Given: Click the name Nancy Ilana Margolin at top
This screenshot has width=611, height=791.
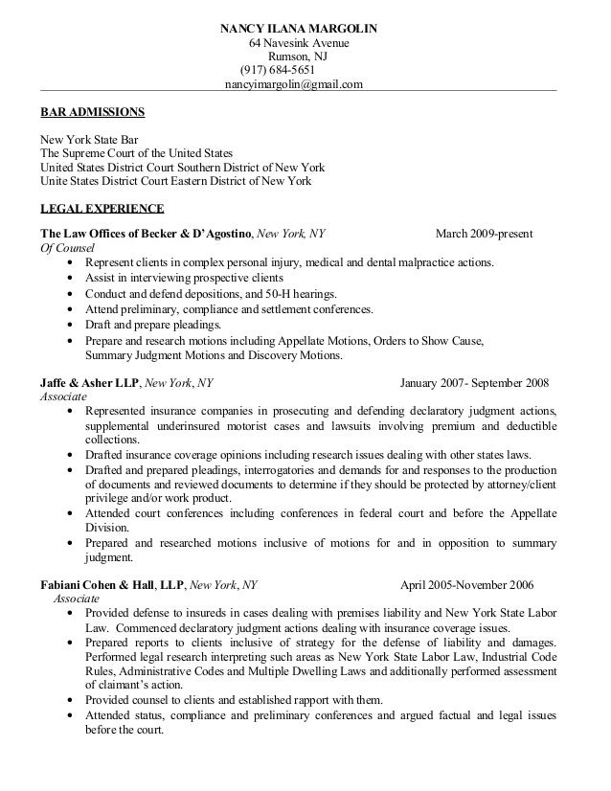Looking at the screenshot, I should click(x=299, y=29).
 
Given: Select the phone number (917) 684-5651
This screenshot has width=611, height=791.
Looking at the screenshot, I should click(x=284, y=70).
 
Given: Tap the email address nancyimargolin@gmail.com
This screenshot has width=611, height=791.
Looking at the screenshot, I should click(x=293, y=84).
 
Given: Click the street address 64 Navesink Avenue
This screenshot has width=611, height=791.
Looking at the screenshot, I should click(x=299, y=44).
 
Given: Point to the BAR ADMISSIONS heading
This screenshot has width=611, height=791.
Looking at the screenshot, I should click(x=92, y=113).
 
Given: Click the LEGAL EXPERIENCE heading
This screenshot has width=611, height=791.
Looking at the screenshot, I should click(x=101, y=208).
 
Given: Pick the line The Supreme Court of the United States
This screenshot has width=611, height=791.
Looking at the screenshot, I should click(x=135, y=152).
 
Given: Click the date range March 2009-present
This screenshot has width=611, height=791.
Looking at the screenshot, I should click(x=485, y=233).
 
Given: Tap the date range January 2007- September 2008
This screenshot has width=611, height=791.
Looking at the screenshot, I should click(x=474, y=383).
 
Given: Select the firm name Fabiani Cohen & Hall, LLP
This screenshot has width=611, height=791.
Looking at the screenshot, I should click(x=111, y=583).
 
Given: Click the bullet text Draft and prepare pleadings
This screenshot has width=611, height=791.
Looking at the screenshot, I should click(x=153, y=325).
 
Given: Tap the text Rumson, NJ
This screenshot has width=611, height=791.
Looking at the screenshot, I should click(x=296, y=56).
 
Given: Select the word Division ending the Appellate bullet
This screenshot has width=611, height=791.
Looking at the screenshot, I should click(x=106, y=528).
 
